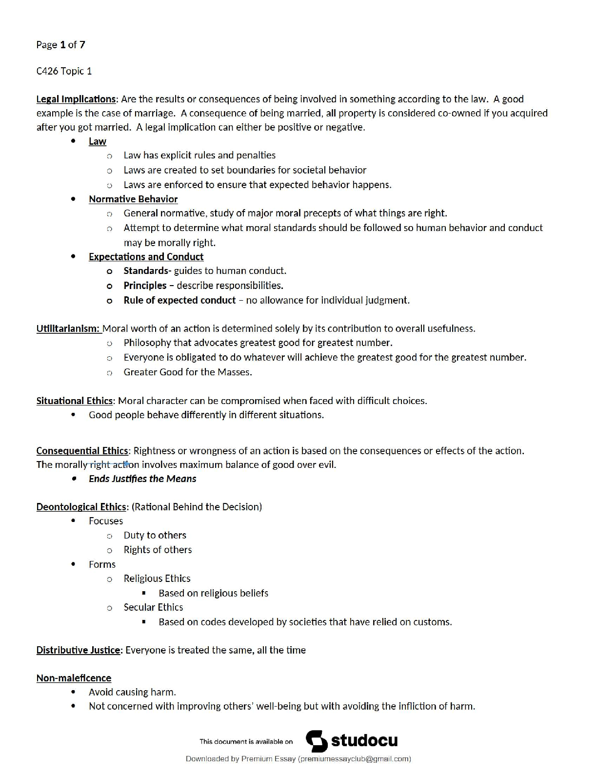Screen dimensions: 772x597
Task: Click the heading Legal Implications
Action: coord(76,99)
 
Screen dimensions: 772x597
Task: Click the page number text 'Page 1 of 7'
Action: coord(60,45)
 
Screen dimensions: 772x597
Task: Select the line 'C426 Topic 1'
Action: coord(64,71)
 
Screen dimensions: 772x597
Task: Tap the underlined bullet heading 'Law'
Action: coord(98,141)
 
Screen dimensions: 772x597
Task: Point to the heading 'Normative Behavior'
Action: coord(133,199)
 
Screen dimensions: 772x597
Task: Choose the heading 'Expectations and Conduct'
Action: coord(146,257)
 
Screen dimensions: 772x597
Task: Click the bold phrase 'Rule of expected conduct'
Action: coord(179,300)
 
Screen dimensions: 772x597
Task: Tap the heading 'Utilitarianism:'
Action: coord(68,328)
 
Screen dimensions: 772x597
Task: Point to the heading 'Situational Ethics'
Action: coord(74,401)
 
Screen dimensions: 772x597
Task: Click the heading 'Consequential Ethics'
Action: coord(82,451)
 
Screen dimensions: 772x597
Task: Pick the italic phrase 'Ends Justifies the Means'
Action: coord(142,479)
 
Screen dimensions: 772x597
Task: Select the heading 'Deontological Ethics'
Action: coord(81,507)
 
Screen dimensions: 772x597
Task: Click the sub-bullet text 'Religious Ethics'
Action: coord(157,579)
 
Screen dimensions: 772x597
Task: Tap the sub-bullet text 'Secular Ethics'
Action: coord(153,607)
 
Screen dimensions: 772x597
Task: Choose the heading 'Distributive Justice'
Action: coord(78,650)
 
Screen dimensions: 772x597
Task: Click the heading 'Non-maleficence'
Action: coord(74,678)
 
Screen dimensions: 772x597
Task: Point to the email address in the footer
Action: coord(355,759)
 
